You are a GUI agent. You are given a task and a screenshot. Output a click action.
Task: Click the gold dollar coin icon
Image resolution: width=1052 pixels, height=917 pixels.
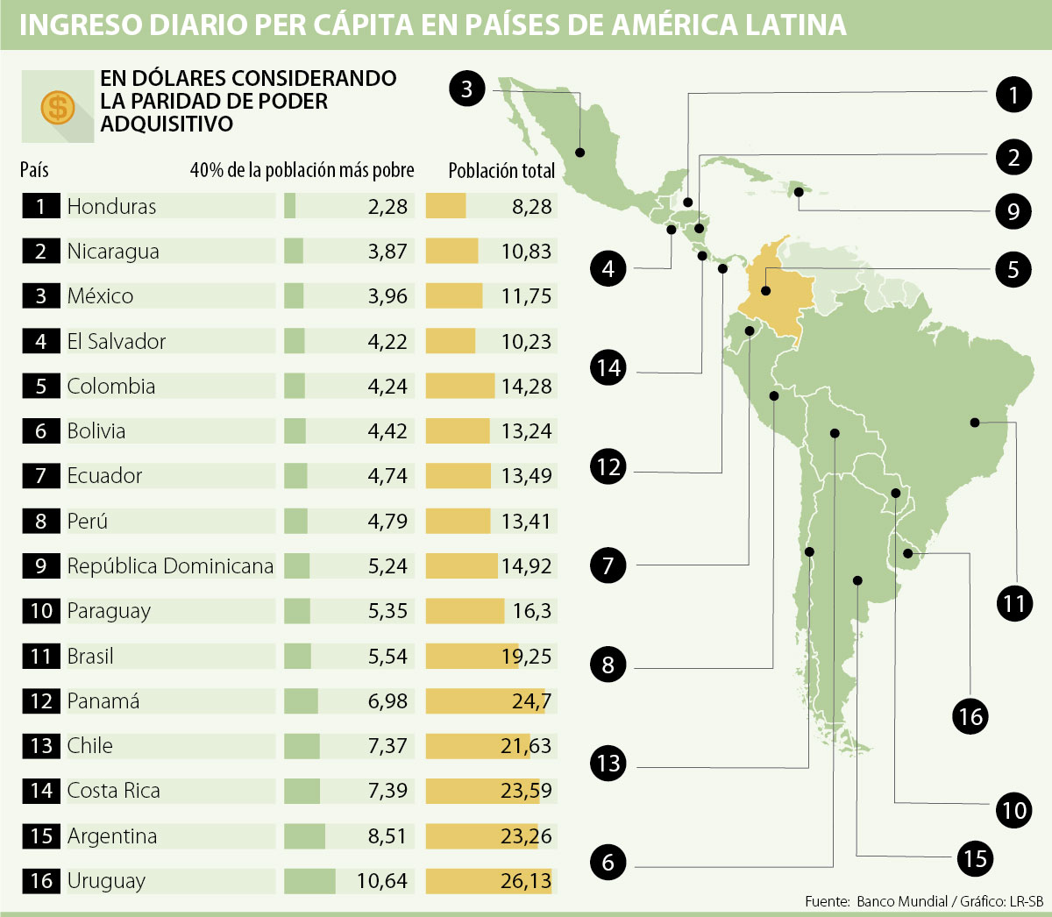coord(58,107)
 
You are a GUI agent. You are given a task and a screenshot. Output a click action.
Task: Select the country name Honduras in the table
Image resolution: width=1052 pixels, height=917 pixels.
coord(111,207)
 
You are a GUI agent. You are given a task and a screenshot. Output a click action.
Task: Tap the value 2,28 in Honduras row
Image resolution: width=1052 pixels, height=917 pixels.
coord(387,207)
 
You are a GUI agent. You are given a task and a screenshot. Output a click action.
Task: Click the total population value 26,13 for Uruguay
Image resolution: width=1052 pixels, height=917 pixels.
coord(526,881)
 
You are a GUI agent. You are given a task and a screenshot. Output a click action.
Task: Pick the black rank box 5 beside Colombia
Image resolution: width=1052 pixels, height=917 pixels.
coord(41,387)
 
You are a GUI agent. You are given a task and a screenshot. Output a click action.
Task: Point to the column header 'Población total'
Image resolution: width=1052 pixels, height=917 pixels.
coord(501,170)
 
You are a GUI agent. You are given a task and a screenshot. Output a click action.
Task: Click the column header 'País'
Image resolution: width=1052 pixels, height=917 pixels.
coord(35,170)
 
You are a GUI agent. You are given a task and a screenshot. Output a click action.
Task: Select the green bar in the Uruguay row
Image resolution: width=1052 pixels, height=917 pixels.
coord(309,881)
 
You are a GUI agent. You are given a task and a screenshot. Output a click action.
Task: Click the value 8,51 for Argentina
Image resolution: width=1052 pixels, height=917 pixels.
coord(387,836)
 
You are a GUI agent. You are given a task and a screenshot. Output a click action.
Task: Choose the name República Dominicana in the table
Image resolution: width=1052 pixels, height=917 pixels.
coord(170,566)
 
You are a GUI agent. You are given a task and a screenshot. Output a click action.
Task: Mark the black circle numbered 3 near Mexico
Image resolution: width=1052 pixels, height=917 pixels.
coord(466,89)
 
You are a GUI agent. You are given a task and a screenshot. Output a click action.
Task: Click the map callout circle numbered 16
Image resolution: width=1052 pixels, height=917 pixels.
coord(970,717)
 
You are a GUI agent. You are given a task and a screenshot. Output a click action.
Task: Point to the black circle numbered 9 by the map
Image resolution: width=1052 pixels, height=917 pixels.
coord(1013,211)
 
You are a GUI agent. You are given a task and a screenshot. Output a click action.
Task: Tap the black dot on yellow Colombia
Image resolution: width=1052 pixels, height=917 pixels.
coord(765,290)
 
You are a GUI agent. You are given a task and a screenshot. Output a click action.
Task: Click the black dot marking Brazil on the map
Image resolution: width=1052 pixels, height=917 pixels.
coord(974,423)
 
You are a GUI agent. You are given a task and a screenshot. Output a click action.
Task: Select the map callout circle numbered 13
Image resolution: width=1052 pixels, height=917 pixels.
coord(608,764)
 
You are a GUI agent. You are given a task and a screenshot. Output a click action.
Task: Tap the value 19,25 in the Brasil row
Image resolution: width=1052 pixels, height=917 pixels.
coord(526,657)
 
